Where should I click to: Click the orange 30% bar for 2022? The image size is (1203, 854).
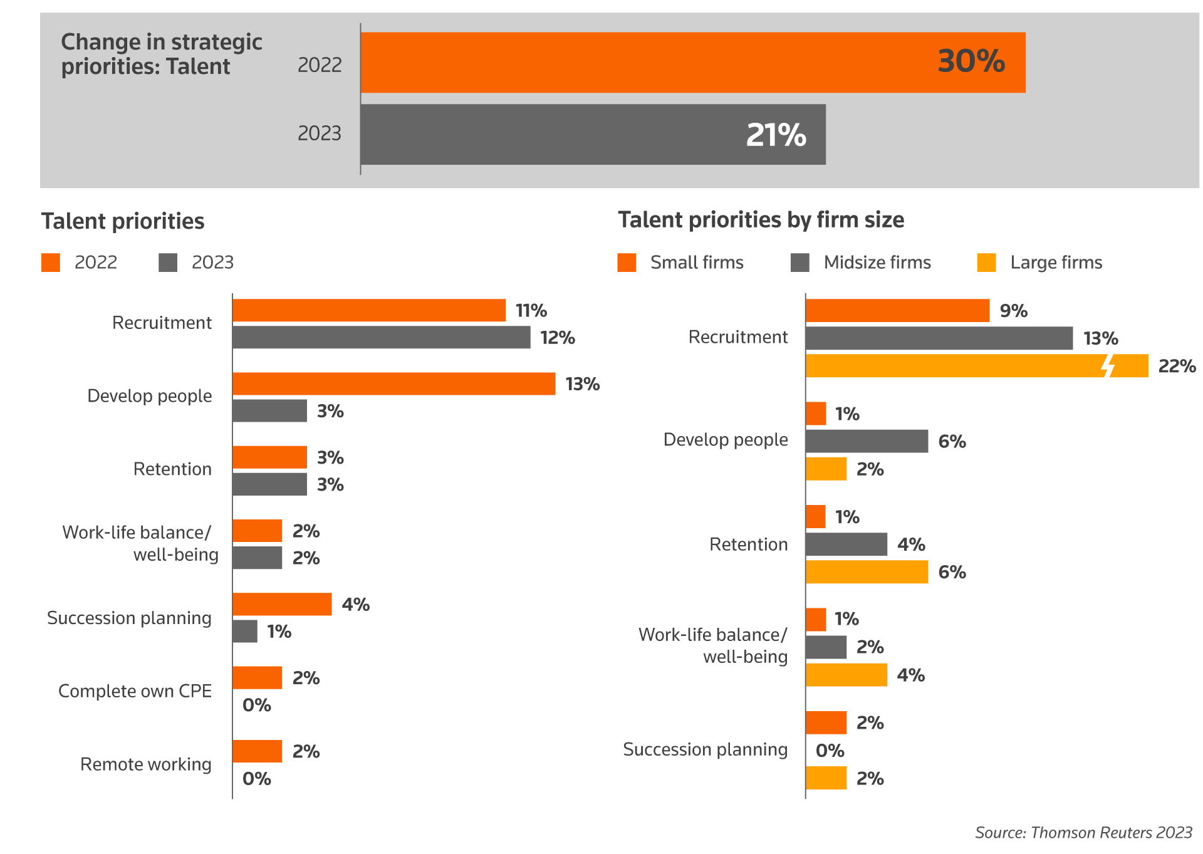pos(692,63)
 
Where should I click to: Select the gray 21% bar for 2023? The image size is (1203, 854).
pos(593,135)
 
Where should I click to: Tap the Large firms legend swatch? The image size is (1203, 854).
pos(986,263)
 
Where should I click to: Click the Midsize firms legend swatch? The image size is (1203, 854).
pos(800,263)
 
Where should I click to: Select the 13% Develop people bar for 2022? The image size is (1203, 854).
pos(393,384)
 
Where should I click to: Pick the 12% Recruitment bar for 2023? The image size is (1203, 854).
pos(381,338)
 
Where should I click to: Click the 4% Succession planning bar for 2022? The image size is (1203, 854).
pos(282,605)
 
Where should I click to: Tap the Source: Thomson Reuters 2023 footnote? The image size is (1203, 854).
pos(1083,833)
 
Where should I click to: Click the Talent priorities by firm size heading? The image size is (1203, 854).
pos(761,220)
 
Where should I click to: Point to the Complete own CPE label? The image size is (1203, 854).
pos(135,691)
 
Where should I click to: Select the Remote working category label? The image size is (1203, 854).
pos(145,764)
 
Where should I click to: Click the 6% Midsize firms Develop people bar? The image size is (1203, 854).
pos(867,441)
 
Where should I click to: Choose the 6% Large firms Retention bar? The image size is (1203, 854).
pos(867,572)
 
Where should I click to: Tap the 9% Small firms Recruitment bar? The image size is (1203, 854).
pos(897,311)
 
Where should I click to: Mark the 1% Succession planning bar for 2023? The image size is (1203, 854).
pos(245,632)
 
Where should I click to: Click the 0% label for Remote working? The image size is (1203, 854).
pos(257,779)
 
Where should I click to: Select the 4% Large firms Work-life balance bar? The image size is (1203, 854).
pos(846,675)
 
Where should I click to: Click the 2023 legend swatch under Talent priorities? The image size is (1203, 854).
pos(168,263)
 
